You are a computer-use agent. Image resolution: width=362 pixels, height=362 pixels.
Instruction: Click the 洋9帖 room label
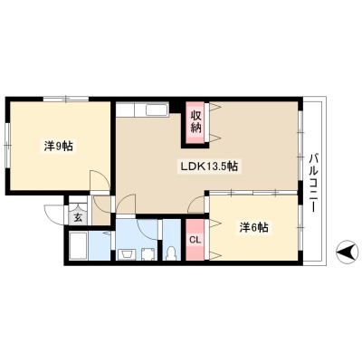click(59, 147)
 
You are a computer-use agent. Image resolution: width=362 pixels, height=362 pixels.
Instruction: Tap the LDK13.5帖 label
click(209, 166)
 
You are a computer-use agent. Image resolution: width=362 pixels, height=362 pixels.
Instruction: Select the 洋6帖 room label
click(254, 227)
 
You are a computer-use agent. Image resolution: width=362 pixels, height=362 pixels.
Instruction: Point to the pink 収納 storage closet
click(195, 122)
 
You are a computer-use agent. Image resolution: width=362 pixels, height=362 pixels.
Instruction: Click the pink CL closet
click(195, 240)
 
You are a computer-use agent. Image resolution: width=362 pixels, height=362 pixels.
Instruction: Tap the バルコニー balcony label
click(314, 183)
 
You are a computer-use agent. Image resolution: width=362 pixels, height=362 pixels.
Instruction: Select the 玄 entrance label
click(78, 217)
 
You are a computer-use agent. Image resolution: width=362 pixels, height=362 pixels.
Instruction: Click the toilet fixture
click(171, 252)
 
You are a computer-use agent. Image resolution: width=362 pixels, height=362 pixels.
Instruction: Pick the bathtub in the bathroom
click(79, 245)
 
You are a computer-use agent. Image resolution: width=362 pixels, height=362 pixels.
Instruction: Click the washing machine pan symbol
click(148, 253)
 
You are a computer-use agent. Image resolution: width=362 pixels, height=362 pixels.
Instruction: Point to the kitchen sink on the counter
click(157, 110)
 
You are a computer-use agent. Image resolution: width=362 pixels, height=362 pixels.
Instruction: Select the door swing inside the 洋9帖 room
click(100, 180)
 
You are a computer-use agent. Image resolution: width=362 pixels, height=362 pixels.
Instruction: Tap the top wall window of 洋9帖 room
click(66, 99)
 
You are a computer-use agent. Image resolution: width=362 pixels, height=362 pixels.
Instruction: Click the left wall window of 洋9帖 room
click(8, 146)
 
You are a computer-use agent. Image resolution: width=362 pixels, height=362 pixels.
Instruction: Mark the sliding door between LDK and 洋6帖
click(253, 193)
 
